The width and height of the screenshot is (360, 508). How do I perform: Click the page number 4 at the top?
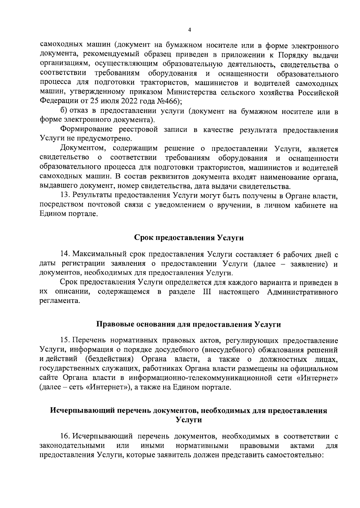pyautogui.click(x=189, y=30)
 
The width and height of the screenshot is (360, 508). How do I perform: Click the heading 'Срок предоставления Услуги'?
pyautogui.click(x=189, y=238)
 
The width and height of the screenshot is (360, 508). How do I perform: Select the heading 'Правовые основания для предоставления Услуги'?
pyautogui.click(x=188, y=324)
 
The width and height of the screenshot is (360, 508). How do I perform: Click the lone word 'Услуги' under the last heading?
pyautogui.click(x=189, y=420)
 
